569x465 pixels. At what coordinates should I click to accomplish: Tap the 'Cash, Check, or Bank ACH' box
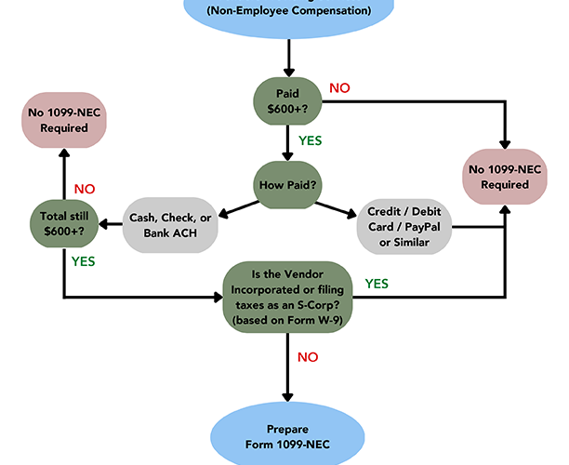point(169,223)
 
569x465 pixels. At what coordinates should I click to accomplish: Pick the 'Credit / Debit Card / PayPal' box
point(405,224)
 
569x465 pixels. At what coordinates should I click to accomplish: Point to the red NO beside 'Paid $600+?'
point(339,88)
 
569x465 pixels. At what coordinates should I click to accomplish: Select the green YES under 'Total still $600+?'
point(84,261)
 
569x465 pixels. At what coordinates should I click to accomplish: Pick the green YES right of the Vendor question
point(376,283)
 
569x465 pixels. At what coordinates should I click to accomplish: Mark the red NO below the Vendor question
point(309,357)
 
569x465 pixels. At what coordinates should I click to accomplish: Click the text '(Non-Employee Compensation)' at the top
point(288,11)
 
